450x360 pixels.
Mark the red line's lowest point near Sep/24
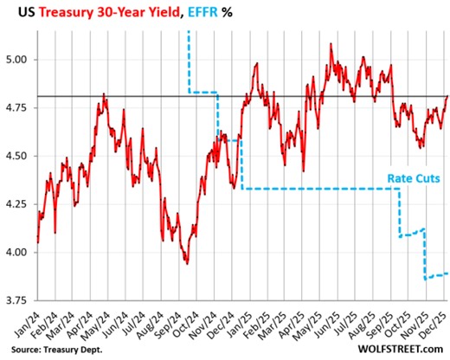click(186, 263)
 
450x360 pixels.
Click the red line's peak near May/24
click(104, 94)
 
